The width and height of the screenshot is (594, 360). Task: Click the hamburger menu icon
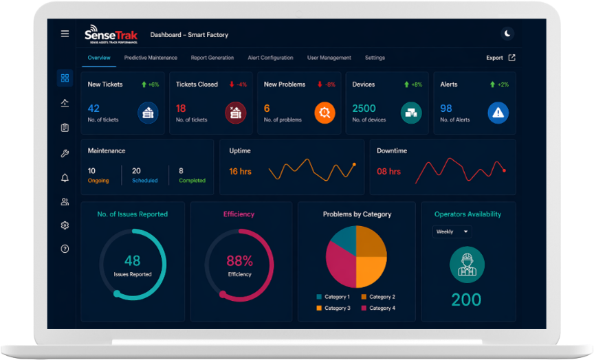coord(65,34)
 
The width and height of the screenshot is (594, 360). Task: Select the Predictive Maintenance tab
coord(151,58)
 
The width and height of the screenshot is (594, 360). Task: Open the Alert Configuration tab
coord(270,58)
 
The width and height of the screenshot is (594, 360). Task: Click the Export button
coord(500,58)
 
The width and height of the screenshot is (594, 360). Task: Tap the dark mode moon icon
coord(507,34)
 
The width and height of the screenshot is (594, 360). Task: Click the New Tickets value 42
coord(93,109)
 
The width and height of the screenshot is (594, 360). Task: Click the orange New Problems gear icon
coord(324,113)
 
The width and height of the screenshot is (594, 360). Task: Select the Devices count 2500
coord(364,109)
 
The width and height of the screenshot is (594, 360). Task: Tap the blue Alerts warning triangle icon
coord(498,113)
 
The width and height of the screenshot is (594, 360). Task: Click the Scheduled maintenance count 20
coord(136,171)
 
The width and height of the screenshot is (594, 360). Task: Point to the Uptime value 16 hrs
coord(240,171)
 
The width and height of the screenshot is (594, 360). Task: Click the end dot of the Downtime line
coord(504,170)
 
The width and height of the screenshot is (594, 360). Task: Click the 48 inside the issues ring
coord(132,261)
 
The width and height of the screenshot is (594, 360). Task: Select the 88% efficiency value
coord(239,261)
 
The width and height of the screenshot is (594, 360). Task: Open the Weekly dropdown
coord(452,232)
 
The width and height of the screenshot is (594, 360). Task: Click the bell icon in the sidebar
coord(65,178)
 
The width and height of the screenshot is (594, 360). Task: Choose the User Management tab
coord(329,58)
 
